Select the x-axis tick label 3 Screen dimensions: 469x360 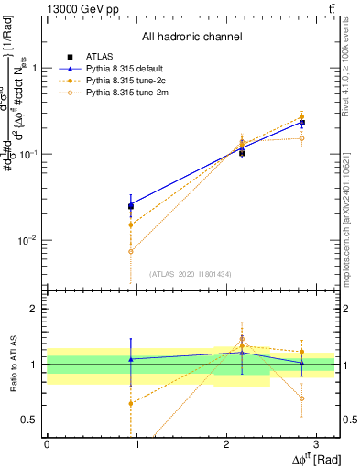[x=315, y=443]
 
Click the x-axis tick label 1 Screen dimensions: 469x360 [x=136, y=443]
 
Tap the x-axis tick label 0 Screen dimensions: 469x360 [x=47, y=443]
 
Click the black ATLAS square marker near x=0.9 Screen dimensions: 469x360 [x=131, y=206]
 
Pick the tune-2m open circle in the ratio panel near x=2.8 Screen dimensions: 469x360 [x=301, y=398]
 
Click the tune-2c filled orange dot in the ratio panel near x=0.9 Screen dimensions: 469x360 [x=131, y=403]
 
